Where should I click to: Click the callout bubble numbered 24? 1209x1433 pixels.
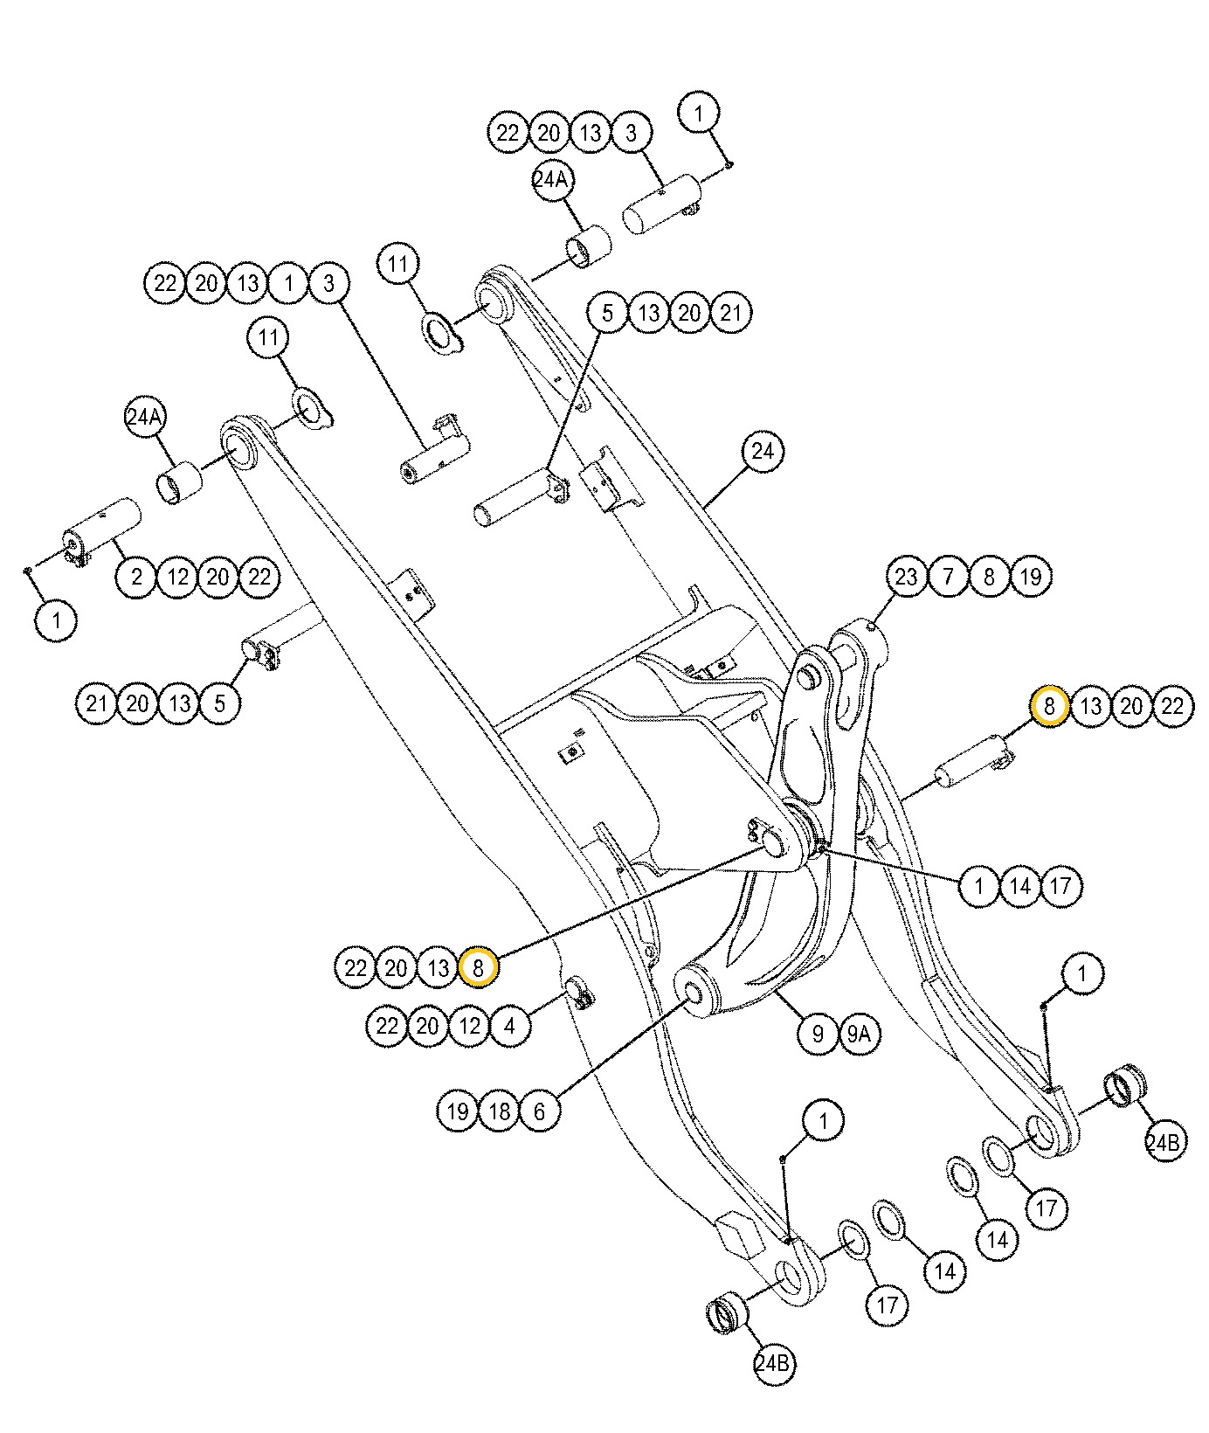click(x=763, y=452)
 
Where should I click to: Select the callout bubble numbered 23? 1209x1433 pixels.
click(x=907, y=577)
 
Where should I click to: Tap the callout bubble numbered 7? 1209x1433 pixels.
click(x=948, y=577)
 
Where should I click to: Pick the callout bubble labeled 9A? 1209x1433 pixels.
click(x=859, y=1034)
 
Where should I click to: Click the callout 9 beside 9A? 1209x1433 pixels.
click(x=818, y=1034)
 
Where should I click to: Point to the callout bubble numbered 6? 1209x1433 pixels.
click(x=540, y=1111)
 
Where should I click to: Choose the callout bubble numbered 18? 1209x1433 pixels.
click(x=499, y=1111)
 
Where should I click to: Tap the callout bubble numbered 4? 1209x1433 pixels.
click(x=510, y=1025)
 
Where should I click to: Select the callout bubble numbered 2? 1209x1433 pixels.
click(x=137, y=577)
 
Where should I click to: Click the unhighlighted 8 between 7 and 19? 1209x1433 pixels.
click(x=989, y=577)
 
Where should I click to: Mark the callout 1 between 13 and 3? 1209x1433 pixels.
click(x=288, y=283)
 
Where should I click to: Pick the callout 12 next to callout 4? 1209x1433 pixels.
click(x=469, y=1025)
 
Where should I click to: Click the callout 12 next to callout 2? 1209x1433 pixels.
click(x=178, y=577)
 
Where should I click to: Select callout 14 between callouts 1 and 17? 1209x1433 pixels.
click(x=1019, y=886)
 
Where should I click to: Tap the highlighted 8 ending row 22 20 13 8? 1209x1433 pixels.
click(x=479, y=967)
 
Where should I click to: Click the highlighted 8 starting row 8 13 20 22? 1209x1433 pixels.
click(x=1049, y=705)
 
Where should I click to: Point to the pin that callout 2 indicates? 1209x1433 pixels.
click(x=103, y=530)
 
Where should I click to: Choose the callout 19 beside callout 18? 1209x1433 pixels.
click(x=458, y=1111)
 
